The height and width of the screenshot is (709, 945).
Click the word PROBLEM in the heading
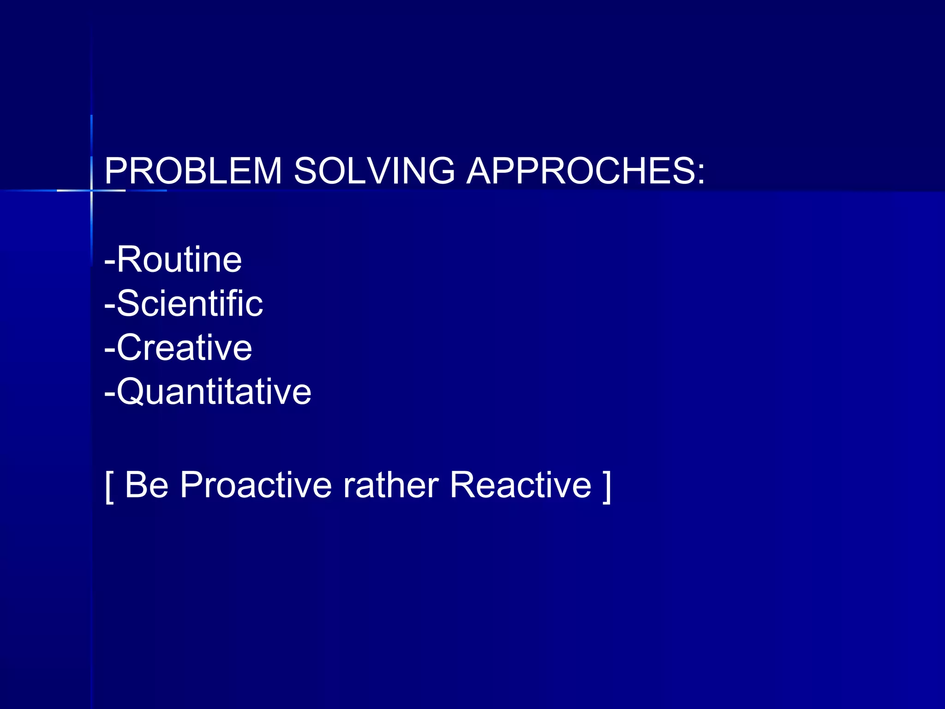(x=193, y=171)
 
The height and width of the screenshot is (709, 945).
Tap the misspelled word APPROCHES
(x=579, y=171)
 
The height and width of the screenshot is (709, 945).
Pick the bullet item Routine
(x=179, y=259)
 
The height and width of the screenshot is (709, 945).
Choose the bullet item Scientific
(x=190, y=304)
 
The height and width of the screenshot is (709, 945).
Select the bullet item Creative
(x=184, y=348)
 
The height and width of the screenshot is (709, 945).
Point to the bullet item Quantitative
(x=214, y=392)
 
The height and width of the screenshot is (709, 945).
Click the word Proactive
(x=256, y=485)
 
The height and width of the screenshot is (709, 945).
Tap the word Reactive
(x=520, y=485)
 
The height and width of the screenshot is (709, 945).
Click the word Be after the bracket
(x=146, y=485)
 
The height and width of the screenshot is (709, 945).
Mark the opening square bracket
(x=109, y=487)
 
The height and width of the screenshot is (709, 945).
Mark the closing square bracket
(x=607, y=487)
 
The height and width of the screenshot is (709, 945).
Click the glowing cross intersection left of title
(x=91, y=190)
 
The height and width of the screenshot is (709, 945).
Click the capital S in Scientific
(x=128, y=304)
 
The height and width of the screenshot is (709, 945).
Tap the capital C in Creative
(x=131, y=348)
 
